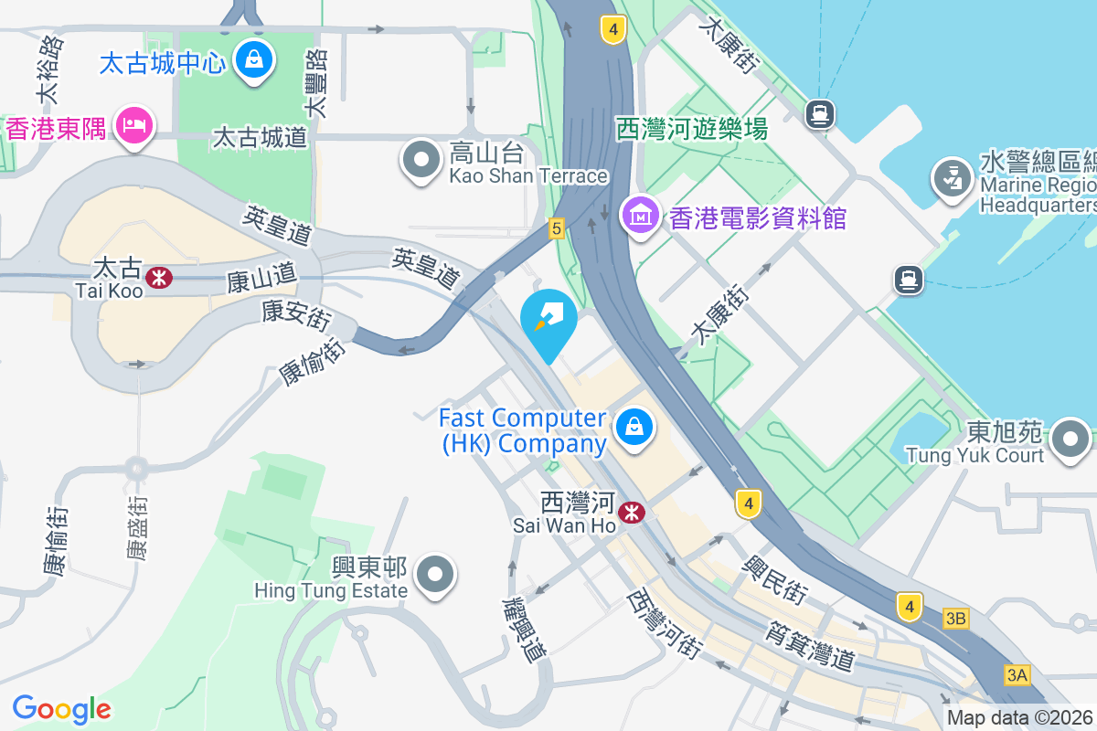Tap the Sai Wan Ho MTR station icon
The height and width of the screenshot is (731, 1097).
click(630, 513)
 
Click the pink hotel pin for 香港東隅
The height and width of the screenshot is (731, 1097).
click(135, 127)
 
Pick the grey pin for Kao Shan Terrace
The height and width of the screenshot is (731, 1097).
click(421, 160)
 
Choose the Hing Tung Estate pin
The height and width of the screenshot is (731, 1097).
click(435, 576)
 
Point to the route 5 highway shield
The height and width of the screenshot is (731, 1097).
click(556, 228)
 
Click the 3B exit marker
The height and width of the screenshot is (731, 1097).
click(955, 620)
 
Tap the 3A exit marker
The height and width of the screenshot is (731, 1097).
click(1017, 675)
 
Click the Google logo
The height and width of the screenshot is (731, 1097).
click(62, 709)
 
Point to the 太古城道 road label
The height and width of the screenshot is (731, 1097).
click(260, 138)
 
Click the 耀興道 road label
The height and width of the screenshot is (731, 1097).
click(524, 630)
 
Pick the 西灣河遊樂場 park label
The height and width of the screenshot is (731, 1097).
click(691, 129)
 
